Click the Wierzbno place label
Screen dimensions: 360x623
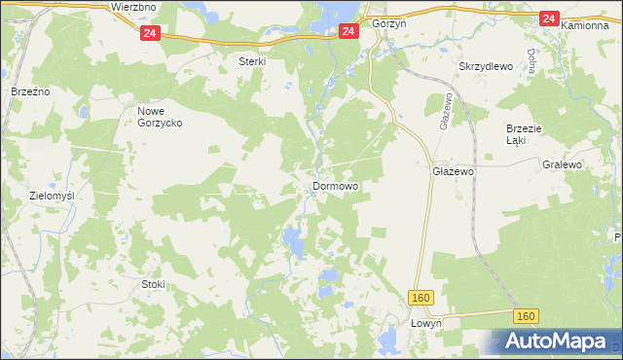pyautogui.click(x=134, y=7)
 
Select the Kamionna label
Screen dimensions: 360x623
pyautogui.click(x=584, y=20)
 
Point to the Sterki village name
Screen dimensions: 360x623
pyautogui.click(x=253, y=60)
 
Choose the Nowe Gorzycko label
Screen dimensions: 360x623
pyautogui.click(x=158, y=117)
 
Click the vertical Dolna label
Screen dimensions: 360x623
pyautogui.click(x=531, y=65)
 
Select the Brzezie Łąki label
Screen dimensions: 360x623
pyautogui.click(x=522, y=134)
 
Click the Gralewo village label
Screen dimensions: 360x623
pyautogui.click(x=562, y=165)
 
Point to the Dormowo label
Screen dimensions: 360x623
pyautogui.click(x=335, y=185)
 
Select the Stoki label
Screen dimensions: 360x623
pyautogui.click(x=153, y=284)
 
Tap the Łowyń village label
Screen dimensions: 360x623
pyautogui.click(x=426, y=323)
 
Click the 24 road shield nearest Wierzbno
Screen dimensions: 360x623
pyautogui.click(x=149, y=33)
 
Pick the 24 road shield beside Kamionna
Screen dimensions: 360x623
pyautogui.click(x=548, y=18)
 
